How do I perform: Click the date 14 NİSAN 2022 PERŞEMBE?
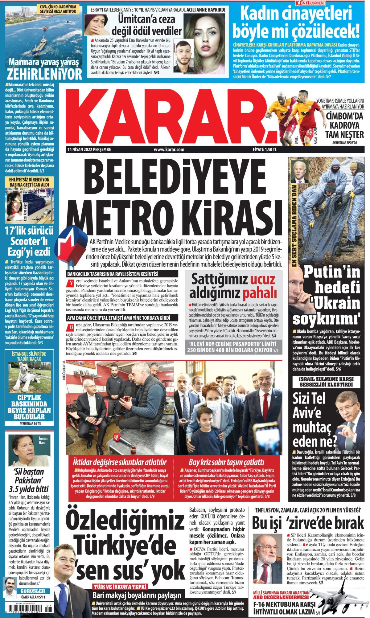[89, 150]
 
